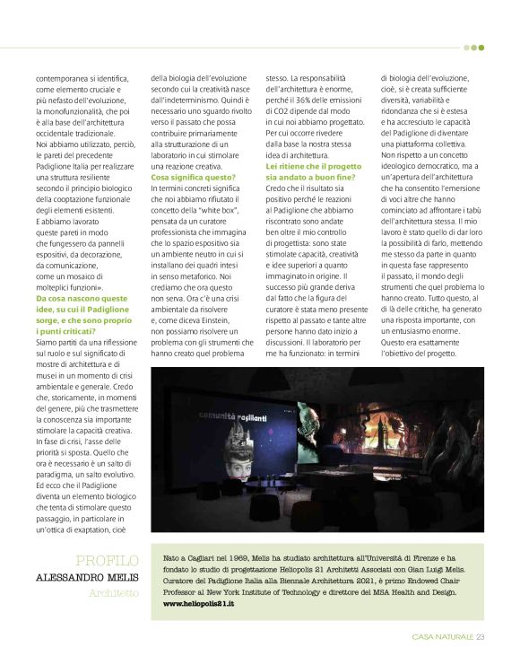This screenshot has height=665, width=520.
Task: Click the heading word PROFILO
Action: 108,560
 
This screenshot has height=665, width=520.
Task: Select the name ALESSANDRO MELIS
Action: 87,577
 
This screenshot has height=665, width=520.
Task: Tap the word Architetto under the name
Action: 114,593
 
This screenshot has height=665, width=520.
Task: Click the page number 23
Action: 481,637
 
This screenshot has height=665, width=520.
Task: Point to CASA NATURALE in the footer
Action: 443,637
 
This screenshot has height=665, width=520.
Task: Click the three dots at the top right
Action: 473,48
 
